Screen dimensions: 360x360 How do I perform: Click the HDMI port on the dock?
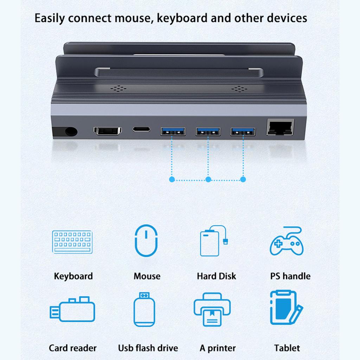coord(108,131)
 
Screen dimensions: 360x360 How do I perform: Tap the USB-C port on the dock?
coord(141,129)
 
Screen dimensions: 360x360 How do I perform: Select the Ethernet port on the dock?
coord(280,127)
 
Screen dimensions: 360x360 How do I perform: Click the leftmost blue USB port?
coord(173,132)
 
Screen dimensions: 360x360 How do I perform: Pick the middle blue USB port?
coord(208,132)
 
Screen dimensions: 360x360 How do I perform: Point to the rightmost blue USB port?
coord(243,132)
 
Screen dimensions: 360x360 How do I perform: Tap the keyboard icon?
coord(72,242)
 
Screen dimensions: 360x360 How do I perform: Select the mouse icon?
coord(146,240)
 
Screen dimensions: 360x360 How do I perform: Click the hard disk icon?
coord(213,241)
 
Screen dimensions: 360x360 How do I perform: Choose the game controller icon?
coord(287,241)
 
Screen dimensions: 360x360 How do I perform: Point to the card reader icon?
coord(72,309)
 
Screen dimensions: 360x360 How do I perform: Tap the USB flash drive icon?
coord(144,309)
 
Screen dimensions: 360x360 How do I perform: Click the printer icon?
coord(212,309)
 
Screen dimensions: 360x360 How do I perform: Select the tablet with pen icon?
coord(286,307)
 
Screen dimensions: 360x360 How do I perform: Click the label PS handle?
coord(290,276)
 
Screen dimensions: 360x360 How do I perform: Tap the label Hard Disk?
coord(217,276)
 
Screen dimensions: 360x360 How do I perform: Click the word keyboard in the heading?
coord(182,18)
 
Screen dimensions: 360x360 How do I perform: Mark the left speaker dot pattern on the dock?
coord(118,88)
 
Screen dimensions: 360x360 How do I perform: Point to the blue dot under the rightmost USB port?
coord(243,179)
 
